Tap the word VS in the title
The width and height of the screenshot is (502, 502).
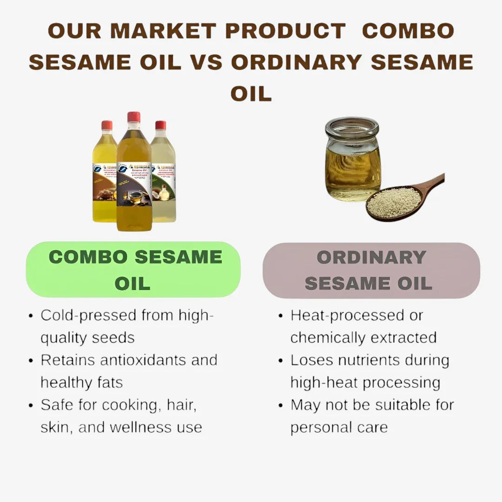click(x=205, y=62)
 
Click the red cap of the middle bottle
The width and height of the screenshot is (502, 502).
click(x=134, y=117)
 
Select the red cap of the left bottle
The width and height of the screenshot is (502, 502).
click(x=107, y=125)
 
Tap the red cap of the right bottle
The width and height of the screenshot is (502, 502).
click(x=160, y=125)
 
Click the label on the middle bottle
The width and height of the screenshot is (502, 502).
click(x=134, y=184)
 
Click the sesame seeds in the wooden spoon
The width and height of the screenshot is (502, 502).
click(x=394, y=202)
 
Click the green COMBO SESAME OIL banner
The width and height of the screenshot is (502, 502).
click(x=133, y=270)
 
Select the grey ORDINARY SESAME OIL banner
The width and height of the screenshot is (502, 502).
click(x=371, y=270)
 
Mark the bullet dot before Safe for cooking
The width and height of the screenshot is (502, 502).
click(x=31, y=406)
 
